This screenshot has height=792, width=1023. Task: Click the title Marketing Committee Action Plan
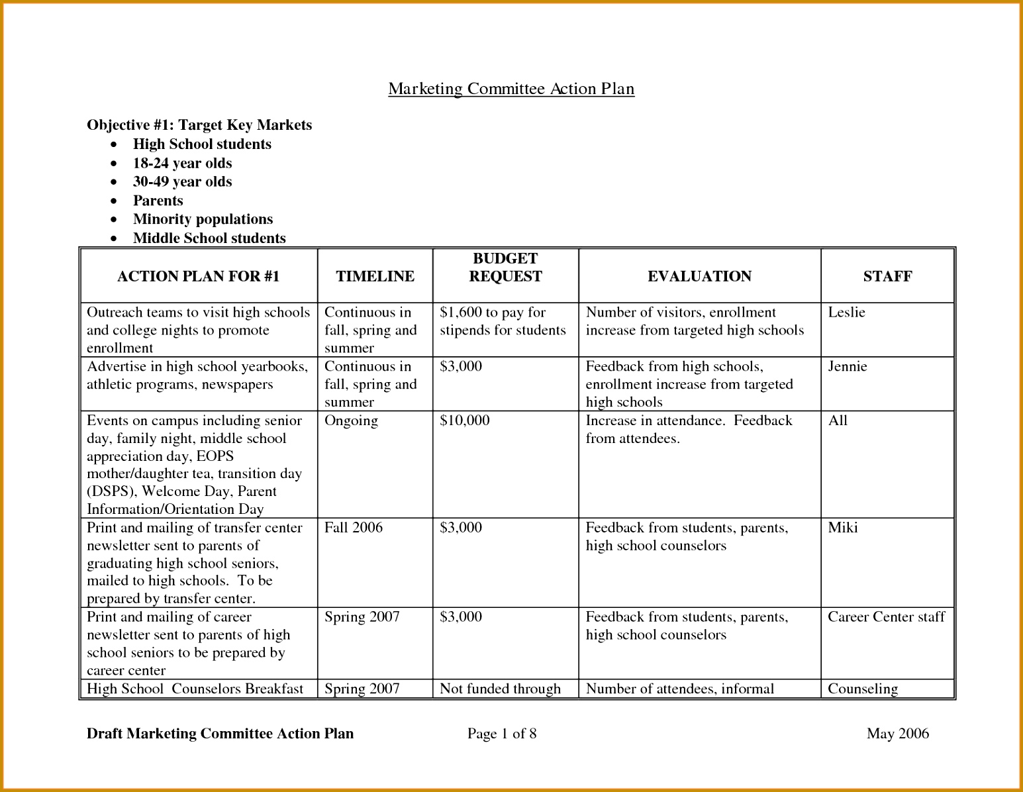(511, 89)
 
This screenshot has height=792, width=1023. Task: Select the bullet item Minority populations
(203, 219)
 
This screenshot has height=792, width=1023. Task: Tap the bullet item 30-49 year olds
(182, 181)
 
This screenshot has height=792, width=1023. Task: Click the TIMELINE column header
(375, 276)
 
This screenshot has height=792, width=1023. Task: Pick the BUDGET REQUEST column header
(505, 268)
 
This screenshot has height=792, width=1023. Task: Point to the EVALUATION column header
(699, 276)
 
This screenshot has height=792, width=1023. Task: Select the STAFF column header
(887, 276)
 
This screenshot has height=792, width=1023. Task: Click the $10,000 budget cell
(465, 421)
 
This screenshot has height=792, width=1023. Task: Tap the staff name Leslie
(846, 313)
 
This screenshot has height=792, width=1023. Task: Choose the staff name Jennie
(848, 367)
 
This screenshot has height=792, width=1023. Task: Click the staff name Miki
(842, 528)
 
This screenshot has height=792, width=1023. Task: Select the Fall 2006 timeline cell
(354, 528)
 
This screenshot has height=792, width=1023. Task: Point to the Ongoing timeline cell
(351, 421)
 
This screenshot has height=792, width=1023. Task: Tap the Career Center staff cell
(886, 617)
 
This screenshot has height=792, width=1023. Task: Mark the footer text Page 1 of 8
(502, 734)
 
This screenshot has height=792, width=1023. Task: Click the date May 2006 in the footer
(897, 734)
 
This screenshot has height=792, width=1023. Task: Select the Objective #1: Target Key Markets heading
(199, 125)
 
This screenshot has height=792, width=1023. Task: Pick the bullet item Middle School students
(209, 238)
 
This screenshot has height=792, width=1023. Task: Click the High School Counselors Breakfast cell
(195, 689)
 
